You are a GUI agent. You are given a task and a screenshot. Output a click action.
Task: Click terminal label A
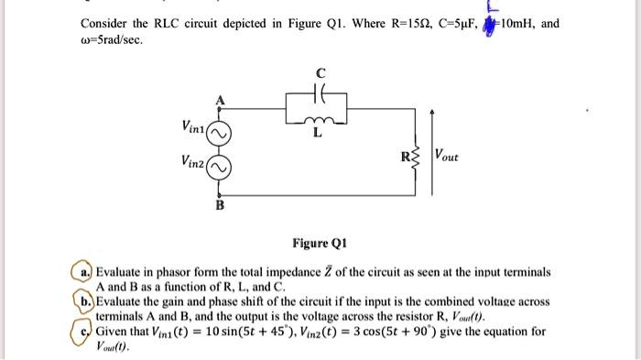click(219, 100)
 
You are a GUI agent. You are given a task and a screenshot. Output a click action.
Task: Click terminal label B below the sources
click(219, 205)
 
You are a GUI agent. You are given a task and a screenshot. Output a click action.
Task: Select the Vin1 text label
click(194, 125)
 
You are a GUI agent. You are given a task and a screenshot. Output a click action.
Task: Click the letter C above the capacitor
click(320, 74)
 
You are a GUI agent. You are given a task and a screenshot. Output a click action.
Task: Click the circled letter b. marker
click(86, 300)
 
